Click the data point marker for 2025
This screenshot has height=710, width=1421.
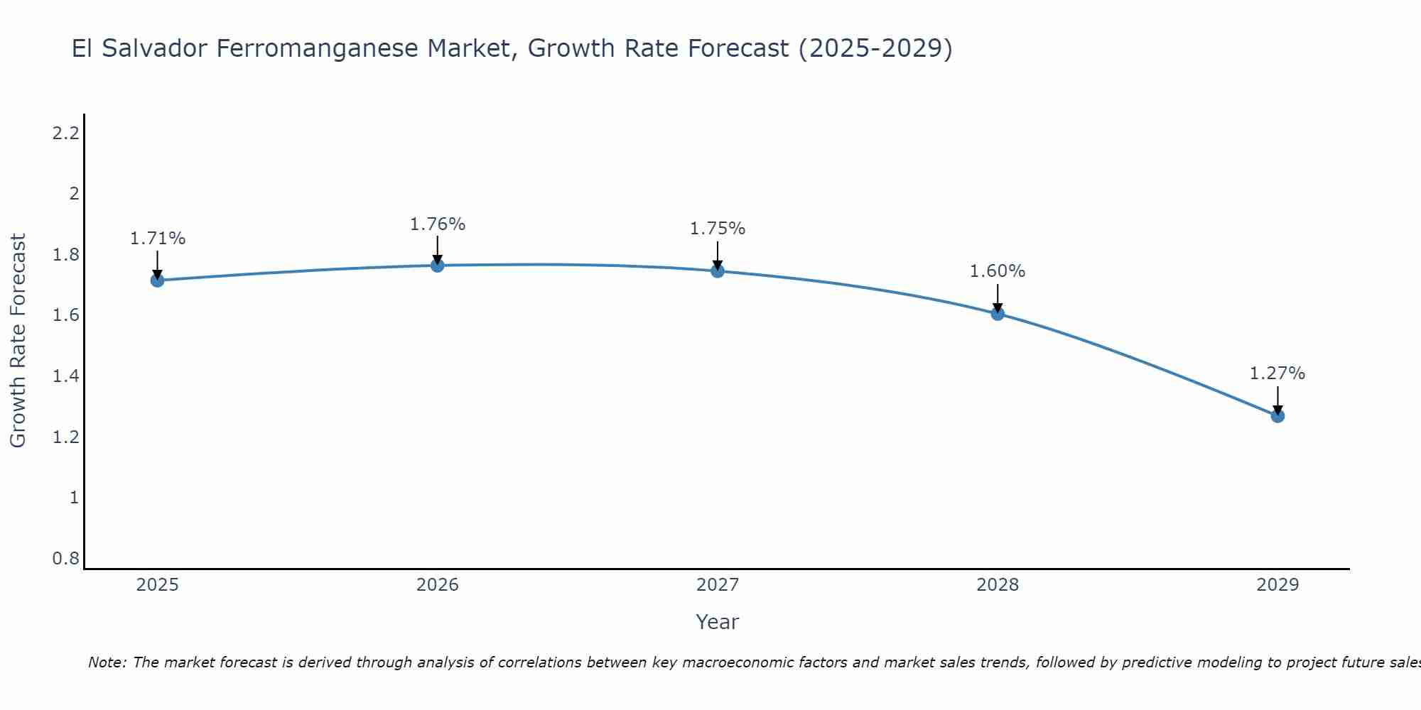coord(157,280)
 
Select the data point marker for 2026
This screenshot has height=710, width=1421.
coord(438,266)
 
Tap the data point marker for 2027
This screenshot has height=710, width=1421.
coord(718,271)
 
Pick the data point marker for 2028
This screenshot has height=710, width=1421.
coord(998,314)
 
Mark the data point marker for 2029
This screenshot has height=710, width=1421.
coord(1277,415)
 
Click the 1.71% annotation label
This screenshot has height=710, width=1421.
coord(157,239)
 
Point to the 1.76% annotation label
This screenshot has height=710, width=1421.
coord(438,224)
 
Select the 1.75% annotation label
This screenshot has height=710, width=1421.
coord(718,229)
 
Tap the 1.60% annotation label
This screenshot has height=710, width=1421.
coord(998,271)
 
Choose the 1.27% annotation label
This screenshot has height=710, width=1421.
coord(1277,373)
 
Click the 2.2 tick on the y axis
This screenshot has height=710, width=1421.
coord(65,133)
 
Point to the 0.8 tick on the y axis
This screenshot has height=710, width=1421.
coord(65,559)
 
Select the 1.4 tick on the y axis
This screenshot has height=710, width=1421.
coord(65,376)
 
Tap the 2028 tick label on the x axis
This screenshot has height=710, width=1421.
coord(998,585)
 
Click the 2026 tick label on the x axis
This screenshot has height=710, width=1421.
coord(438,585)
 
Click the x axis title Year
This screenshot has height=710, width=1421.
coord(717,622)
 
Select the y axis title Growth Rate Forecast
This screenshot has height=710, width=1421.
coord(18,341)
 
